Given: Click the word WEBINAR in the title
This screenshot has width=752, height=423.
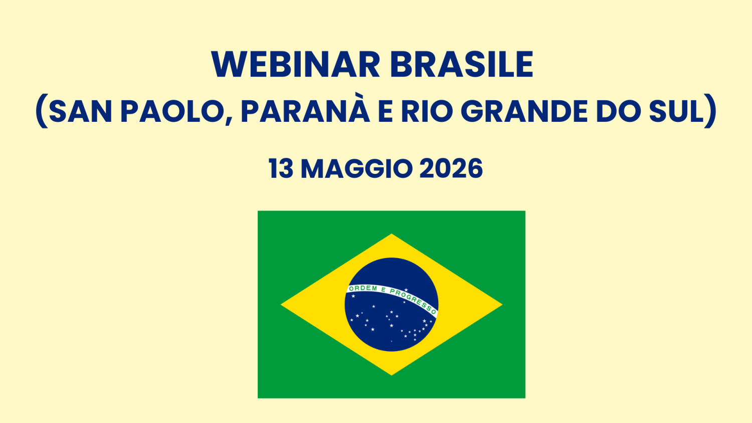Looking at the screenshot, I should point(296,65).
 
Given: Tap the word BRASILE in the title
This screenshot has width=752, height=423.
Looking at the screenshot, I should point(461,65).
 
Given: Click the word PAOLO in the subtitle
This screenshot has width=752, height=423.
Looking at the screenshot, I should point(172,111).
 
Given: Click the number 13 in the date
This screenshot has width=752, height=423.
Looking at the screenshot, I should point(281,169).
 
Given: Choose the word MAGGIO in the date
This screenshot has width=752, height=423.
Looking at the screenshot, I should point(356,169).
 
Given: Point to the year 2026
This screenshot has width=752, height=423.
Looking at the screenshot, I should point(451,169).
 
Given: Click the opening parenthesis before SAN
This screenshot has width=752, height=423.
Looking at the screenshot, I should point(41,112).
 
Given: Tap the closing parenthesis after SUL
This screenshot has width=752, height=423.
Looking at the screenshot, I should point(711,112).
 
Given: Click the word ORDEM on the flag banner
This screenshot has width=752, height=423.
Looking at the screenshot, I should point(363,289).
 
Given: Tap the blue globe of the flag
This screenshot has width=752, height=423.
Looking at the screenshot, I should point(392,326).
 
